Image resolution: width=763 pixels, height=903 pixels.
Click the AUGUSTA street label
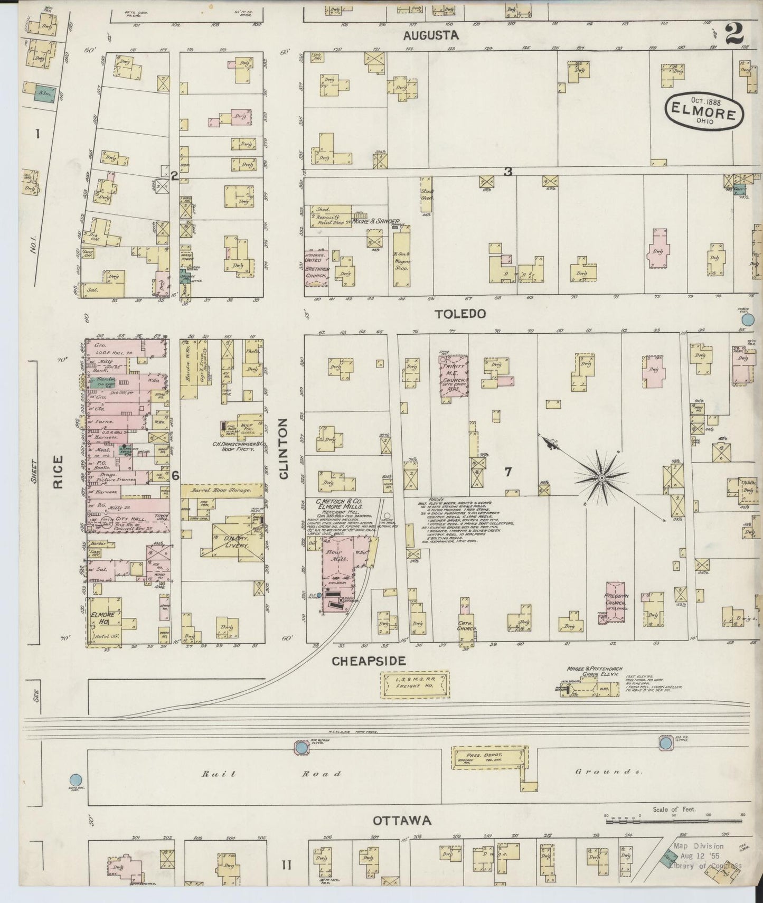[431, 35]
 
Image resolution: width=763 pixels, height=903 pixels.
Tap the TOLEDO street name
[460, 314]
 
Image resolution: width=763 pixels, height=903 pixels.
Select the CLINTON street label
[284, 448]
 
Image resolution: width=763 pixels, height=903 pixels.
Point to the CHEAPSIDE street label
[369, 661]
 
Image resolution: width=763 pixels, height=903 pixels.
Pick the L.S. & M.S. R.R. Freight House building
[415, 684]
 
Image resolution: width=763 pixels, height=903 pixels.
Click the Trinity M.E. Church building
[454, 376]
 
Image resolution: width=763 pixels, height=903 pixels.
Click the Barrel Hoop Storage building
[222, 490]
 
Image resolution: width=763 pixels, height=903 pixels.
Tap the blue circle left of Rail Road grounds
[76, 779]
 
